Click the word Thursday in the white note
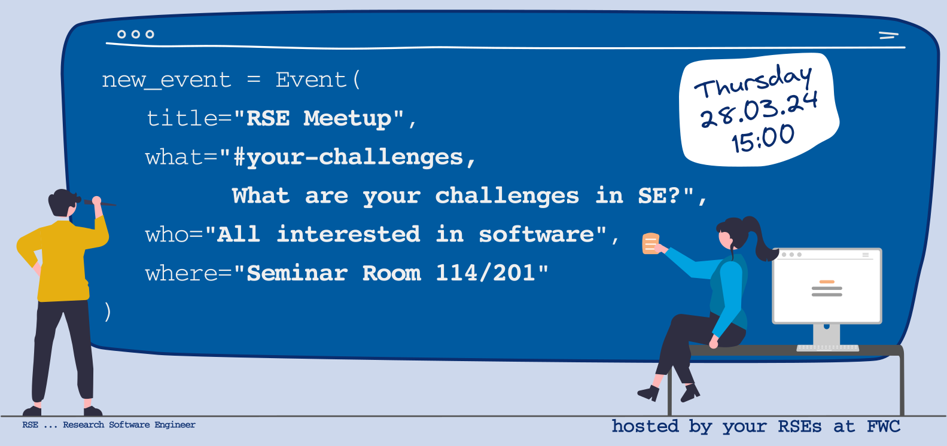pyautogui.click(x=753, y=82)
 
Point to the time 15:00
pyautogui.click(x=763, y=138)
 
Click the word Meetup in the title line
pyautogui.click(x=348, y=119)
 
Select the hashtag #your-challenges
pyautogui.click(x=348, y=158)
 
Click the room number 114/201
pyautogui.click(x=486, y=273)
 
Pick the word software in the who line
pyautogui.click(x=537, y=234)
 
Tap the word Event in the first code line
pyautogui.click(x=311, y=80)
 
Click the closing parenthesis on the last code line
pyautogui.click(x=108, y=312)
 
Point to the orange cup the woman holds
pyautogui.click(x=651, y=243)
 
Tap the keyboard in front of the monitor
pyautogui.click(x=828, y=348)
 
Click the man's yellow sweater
pyautogui.click(x=63, y=258)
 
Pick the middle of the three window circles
pyautogui.click(x=136, y=34)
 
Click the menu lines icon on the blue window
pyautogui.click(x=888, y=35)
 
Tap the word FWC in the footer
pyautogui.click(x=884, y=426)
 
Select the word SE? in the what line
pyautogui.click(x=659, y=195)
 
